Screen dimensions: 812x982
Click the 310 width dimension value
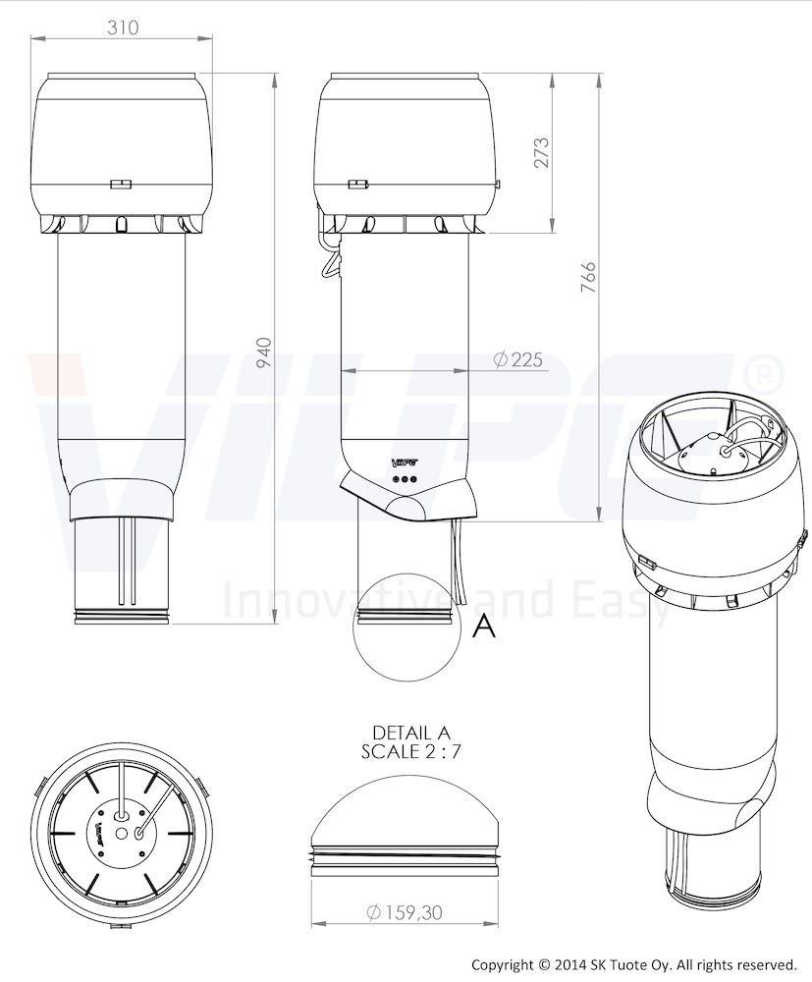pos(123,27)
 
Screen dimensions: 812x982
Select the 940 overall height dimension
pos(264,353)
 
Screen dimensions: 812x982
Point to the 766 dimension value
pos(588,278)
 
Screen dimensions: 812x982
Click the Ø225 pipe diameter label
pos(517,359)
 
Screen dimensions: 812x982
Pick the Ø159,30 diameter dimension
pos(405,912)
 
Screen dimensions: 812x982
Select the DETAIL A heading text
pos(410,733)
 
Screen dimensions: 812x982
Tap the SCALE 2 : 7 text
pos(410,751)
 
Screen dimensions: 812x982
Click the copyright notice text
pos(633,964)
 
